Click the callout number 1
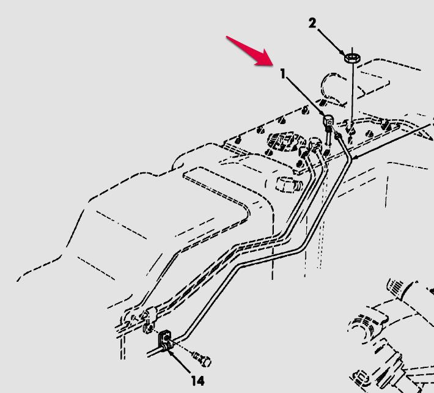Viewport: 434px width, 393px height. [x=282, y=74]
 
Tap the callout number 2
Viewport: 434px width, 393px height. [x=312, y=23]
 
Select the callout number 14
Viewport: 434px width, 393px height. [x=197, y=381]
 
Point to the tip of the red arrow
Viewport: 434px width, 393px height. [x=273, y=65]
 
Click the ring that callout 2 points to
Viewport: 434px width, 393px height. [x=352, y=58]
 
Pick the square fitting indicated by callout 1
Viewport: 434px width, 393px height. [x=328, y=120]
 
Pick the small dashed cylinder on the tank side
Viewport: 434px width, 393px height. [x=289, y=184]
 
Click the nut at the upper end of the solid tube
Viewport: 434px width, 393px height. [x=337, y=135]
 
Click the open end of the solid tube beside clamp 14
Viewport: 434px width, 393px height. [x=148, y=354]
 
